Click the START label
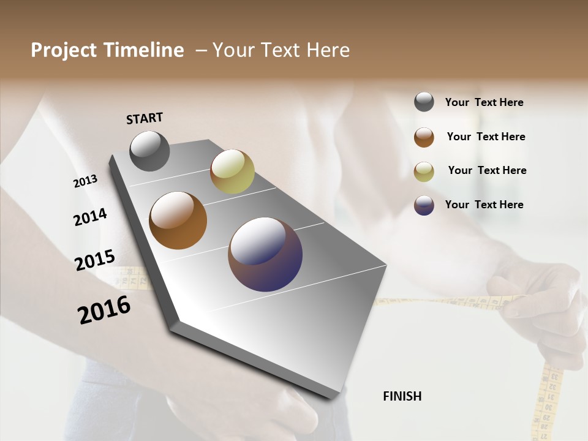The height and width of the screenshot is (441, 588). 145,118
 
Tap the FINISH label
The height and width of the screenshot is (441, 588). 402,396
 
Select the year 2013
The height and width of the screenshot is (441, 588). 85,181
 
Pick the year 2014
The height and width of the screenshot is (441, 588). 90,217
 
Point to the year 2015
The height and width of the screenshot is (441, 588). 95,260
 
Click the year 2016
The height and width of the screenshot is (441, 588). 104,309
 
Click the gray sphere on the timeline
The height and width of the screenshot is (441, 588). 150,151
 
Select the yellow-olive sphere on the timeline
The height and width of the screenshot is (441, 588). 232,171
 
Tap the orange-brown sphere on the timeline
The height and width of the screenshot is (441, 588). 178,221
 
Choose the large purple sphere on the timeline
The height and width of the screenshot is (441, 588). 265,254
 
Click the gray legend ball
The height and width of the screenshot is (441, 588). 424,102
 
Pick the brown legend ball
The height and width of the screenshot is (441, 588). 424,137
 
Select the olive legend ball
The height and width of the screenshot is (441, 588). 424,171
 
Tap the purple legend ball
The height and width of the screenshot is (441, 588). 424,205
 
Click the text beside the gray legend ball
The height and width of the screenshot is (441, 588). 484,102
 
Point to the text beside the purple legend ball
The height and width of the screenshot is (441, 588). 484,205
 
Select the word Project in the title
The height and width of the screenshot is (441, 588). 63,50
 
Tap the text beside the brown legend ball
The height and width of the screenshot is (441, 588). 486,137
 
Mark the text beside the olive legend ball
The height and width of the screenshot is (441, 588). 487,170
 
